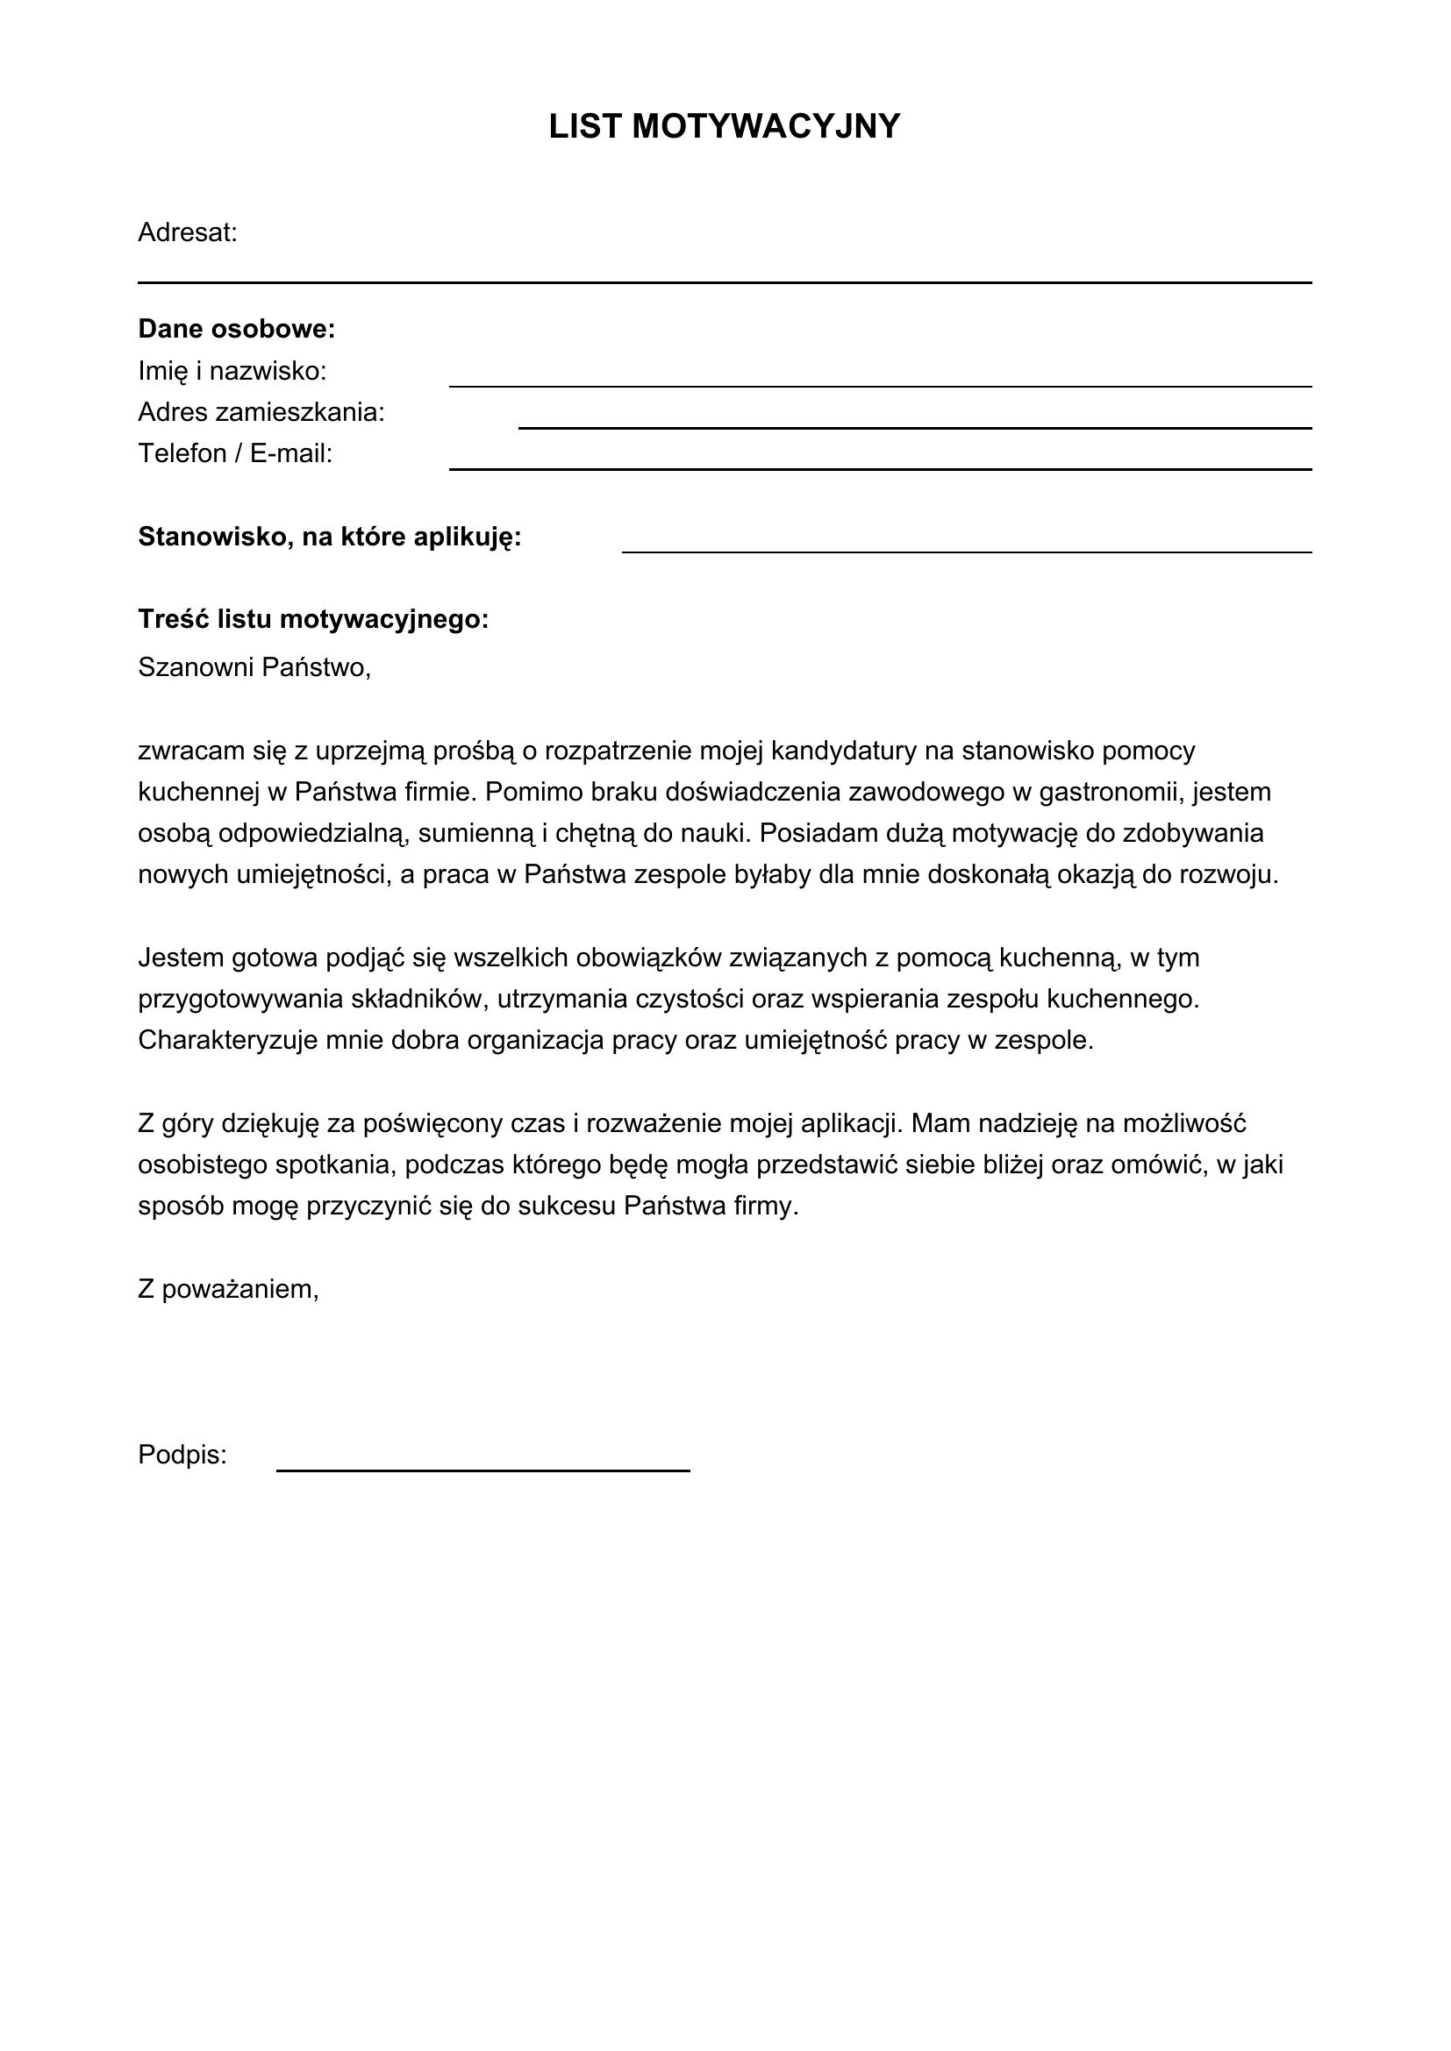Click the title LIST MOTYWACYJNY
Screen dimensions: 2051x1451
[x=724, y=127]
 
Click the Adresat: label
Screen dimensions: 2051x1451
[x=188, y=233]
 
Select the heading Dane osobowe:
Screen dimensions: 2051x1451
[x=237, y=330]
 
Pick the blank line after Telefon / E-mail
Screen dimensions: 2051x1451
[x=880, y=467]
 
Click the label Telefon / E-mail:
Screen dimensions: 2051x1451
[x=235, y=454]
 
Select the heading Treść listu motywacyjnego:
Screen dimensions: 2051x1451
[x=313, y=620]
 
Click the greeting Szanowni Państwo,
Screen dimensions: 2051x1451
[x=254, y=667]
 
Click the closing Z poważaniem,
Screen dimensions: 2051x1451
[x=229, y=1290]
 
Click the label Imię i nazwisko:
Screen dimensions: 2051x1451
[x=232, y=371]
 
